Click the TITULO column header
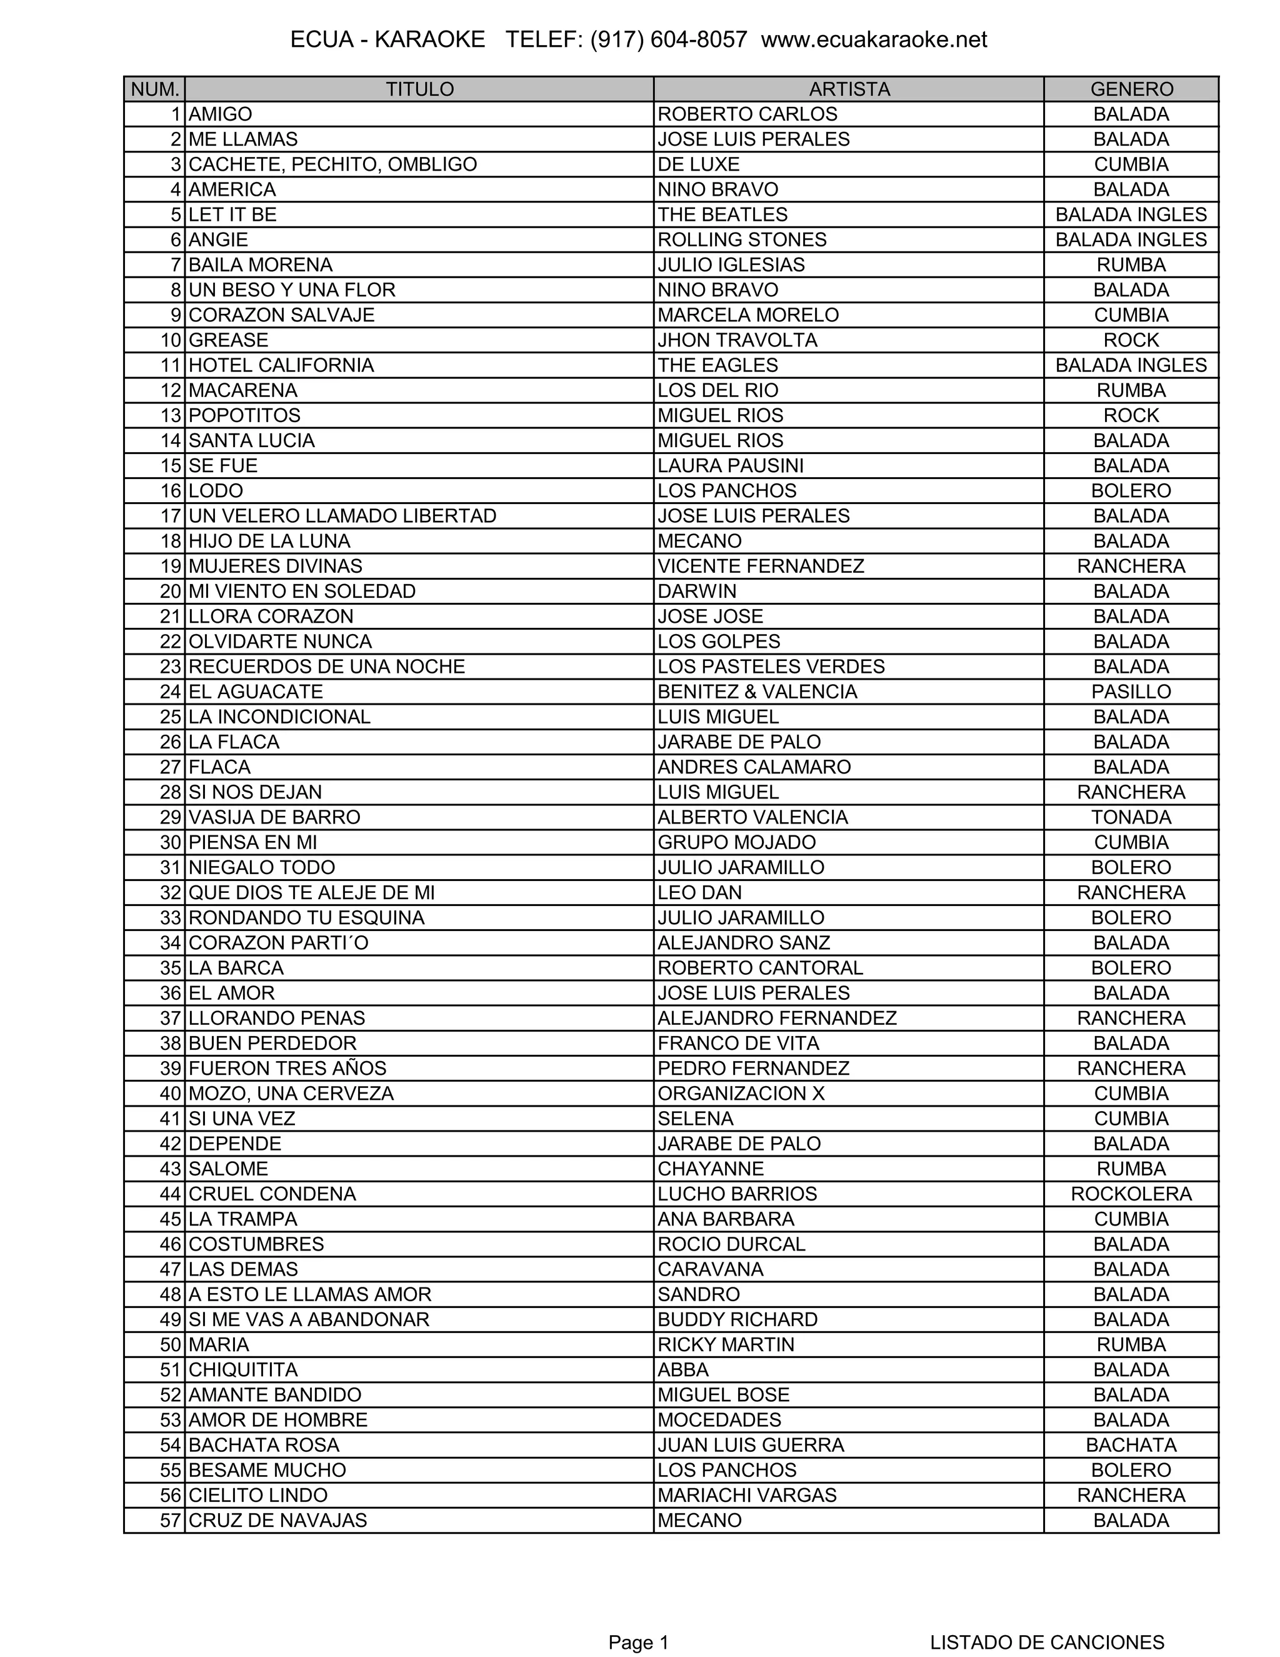coord(419,89)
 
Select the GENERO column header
coord(1131,89)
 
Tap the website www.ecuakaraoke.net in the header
coord(874,39)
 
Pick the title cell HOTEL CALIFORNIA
coord(281,366)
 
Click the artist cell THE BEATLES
coord(722,214)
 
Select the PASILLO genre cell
coord(1131,692)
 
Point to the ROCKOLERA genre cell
coord(1131,1194)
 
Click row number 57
coord(171,1521)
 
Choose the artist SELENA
coord(696,1119)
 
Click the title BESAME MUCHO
coord(267,1471)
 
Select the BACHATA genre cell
coord(1131,1445)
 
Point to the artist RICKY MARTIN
coord(726,1345)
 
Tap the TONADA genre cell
coord(1131,818)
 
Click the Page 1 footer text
coord(639,1643)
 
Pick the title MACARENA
coord(242,391)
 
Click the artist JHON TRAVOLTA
coord(737,341)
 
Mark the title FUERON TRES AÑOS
coord(287,1069)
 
